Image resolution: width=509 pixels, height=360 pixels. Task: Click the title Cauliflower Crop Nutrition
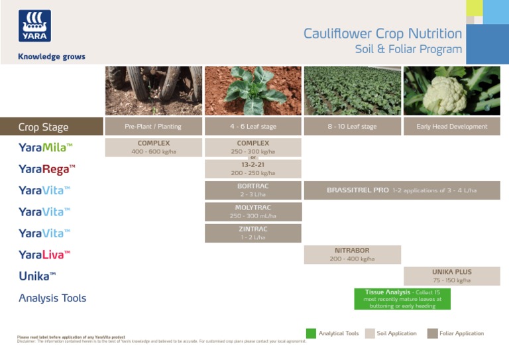point(382,34)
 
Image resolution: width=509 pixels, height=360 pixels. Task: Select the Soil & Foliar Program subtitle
point(408,50)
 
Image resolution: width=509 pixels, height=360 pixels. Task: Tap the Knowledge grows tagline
point(52,57)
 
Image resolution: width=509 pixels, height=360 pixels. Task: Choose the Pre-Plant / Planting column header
point(153,127)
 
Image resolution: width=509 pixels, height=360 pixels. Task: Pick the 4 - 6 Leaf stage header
point(253,127)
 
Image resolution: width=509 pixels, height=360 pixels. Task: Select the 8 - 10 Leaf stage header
point(352,127)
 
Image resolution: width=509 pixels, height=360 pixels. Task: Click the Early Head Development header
point(451,127)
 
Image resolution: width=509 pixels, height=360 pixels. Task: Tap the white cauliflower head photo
point(451,91)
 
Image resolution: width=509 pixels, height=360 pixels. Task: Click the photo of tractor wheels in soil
point(153,91)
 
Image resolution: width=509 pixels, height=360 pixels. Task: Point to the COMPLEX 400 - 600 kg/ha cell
point(153,147)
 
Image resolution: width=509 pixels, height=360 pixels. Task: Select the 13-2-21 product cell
point(253,168)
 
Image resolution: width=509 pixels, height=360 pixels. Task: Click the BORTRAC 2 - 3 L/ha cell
point(253,190)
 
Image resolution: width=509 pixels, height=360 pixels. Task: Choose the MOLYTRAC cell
point(253,211)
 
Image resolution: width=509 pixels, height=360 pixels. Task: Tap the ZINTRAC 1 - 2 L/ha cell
point(253,233)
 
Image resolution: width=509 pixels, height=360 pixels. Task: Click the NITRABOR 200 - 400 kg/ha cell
point(352,255)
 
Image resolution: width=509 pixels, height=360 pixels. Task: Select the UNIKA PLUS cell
point(451,276)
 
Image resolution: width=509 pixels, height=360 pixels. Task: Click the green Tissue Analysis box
point(402,298)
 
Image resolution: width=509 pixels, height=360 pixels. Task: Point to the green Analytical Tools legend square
point(311,333)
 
